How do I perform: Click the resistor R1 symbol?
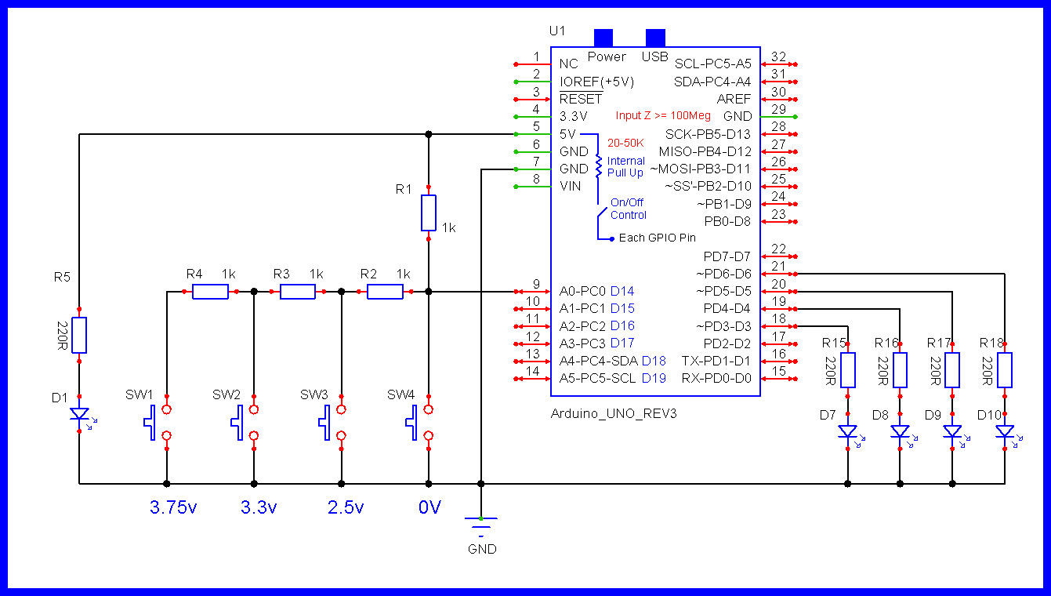point(428,213)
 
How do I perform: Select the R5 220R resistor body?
point(79,335)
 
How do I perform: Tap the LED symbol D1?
point(79,413)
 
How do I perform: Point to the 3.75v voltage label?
point(173,507)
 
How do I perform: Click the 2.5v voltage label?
point(346,507)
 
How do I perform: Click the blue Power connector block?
point(603,38)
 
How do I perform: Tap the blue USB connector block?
point(655,38)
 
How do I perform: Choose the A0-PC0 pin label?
point(582,291)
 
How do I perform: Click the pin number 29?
point(778,109)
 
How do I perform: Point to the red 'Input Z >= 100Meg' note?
point(663,116)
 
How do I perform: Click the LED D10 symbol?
point(1004,431)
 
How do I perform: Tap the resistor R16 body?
point(900,370)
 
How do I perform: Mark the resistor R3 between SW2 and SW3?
point(297,292)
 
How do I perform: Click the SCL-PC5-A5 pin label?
point(712,64)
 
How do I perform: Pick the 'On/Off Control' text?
point(628,209)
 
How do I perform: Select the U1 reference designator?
point(556,31)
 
